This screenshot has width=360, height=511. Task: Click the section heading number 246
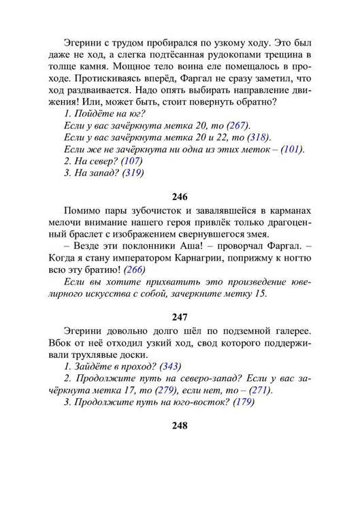pos(180,198)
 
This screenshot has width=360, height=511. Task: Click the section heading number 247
pos(180,316)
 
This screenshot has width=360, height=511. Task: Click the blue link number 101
pos(292,150)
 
